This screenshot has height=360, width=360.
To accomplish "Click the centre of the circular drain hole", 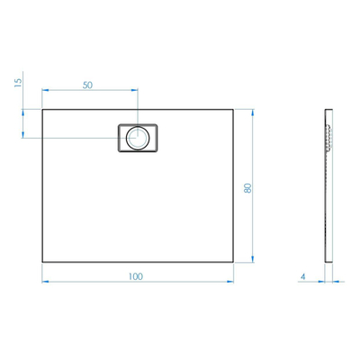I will pyautogui.click(x=138, y=138).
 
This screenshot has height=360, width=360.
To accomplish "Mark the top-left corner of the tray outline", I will pyautogui.click(x=42, y=110).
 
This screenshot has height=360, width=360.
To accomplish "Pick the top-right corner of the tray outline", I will pyautogui.click(x=235, y=110).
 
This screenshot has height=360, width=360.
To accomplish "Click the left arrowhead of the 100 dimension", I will pyautogui.click(x=45, y=282).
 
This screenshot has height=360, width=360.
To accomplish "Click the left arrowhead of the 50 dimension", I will pyautogui.click(x=45, y=90).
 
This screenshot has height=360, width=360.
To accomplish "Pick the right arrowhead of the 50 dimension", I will pyautogui.click(x=135, y=90).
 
